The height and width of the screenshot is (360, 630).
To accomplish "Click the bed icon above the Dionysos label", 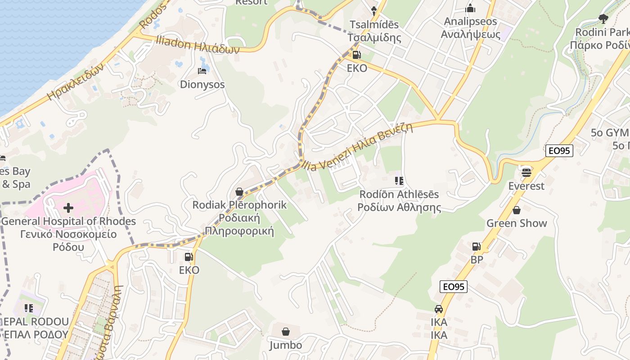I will [x=202, y=71].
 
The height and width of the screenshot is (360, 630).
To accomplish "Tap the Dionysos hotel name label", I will [x=202, y=85].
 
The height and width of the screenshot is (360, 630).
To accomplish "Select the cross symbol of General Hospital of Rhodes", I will [x=68, y=208].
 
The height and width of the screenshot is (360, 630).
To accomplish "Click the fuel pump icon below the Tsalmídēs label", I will [x=356, y=55].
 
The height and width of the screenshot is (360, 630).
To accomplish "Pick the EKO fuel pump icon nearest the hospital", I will [x=189, y=257].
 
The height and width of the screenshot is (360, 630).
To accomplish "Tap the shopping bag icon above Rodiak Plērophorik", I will [x=239, y=192].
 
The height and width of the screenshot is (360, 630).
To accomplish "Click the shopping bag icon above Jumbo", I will [x=285, y=332].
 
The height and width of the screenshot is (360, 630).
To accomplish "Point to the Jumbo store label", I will [x=285, y=346].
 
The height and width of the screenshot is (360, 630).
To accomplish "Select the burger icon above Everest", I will [x=526, y=172].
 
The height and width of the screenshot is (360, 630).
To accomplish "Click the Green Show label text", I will [x=517, y=223].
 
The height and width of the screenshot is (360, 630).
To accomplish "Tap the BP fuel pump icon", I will [x=476, y=247].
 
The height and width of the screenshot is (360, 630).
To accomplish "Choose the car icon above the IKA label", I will [x=438, y=309].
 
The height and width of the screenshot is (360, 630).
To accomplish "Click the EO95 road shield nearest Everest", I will [x=559, y=151].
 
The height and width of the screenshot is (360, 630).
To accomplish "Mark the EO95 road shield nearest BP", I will [x=454, y=287].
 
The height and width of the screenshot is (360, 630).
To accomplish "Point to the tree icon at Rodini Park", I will [x=603, y=19].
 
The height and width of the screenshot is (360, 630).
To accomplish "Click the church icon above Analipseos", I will [x=470, y=8].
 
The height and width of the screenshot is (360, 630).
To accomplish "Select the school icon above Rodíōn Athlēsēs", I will [x=399, y=181].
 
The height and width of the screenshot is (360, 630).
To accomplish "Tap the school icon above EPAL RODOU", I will [x=29, y=308].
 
